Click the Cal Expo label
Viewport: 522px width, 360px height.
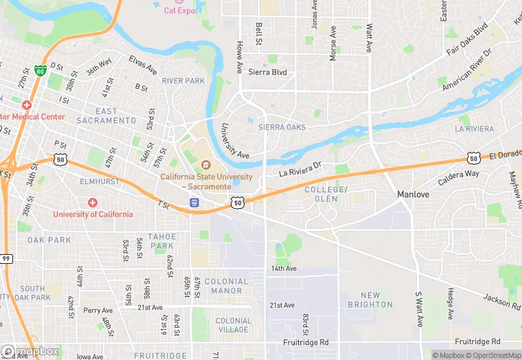180,10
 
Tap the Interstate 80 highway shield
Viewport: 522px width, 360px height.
41,71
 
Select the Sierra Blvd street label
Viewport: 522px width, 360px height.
267,72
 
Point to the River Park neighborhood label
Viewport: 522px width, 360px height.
183,81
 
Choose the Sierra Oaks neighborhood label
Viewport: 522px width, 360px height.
282,128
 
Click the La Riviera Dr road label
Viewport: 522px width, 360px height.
300,169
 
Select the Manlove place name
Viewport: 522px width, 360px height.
414,195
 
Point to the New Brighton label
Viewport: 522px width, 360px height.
370,300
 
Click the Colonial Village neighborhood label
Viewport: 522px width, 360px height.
234,325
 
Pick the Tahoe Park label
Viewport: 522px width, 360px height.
162,241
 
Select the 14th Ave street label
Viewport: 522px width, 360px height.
283,269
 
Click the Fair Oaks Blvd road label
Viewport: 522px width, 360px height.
467,39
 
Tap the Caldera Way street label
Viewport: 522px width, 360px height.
458,179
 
